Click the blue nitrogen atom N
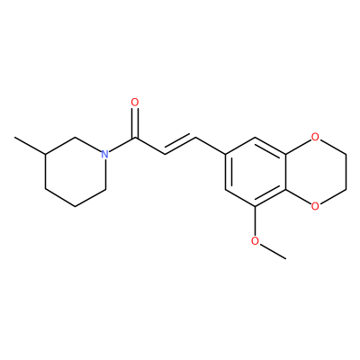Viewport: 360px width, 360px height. click(104, 154)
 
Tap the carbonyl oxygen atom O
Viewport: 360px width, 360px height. click(135, 103)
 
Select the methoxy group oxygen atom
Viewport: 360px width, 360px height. click(255, 240)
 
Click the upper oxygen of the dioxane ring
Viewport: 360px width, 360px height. click(315, 137)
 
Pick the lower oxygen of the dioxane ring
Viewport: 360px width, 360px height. click(315, 206)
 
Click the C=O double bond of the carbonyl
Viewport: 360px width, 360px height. click(135, 123)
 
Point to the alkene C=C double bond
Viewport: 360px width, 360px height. click(180, 146)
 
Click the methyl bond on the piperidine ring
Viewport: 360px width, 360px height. click(30, 146)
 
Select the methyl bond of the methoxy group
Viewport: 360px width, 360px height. click(273, 251)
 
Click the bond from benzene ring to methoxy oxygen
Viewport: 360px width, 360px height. click(255, 221)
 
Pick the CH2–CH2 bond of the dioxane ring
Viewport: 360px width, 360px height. click(346, 172)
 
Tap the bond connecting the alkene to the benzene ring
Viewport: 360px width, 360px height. click(211, 146)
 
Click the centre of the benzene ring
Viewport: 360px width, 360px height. click(256, 172)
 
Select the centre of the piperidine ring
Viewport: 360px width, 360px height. click(76, 172)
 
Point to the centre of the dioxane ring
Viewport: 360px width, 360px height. click(316, 172)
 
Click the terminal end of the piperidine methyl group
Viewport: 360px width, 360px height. click(15, 138)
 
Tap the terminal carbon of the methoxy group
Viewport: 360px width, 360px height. click(285, 258)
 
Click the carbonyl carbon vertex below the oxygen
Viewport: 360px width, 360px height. click(135, 138)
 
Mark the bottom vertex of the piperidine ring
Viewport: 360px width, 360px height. click(76, 206)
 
